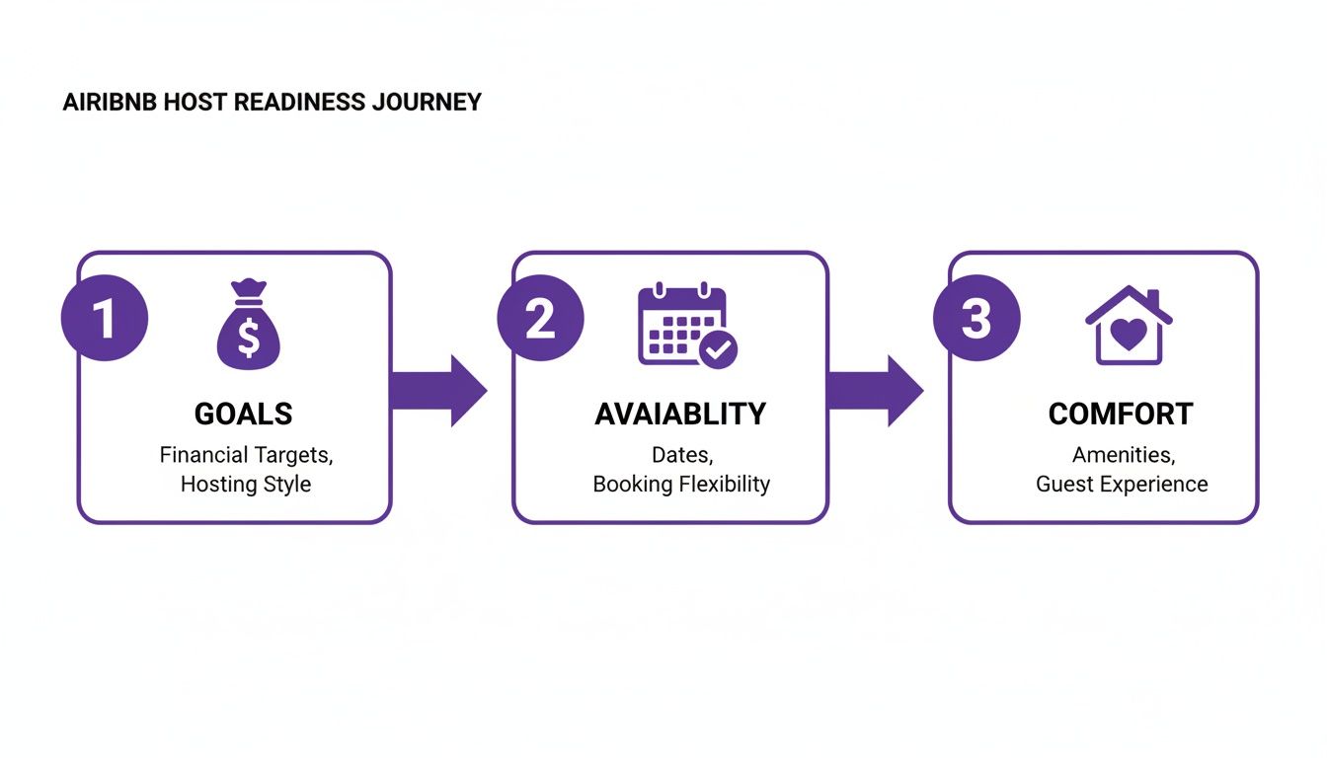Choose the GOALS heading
tap(244, 415)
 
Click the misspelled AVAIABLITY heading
tap(680, 415)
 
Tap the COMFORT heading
tap(1121, 415)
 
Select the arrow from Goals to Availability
tap(440, 391)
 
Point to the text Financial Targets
tap(245, 455)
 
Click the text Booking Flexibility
tap(681, 485)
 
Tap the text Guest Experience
tap(1122, 485)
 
